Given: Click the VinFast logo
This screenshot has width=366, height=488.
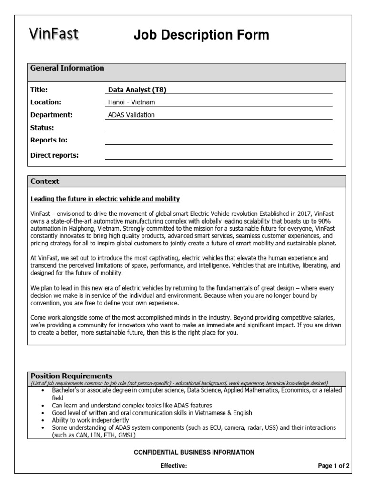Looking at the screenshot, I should coord(53,34).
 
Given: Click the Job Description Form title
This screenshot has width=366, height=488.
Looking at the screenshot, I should coord(201,35).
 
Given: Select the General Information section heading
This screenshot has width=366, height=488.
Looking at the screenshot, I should coord(67,68).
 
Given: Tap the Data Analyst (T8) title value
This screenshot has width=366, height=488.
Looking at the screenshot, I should coord(137,90).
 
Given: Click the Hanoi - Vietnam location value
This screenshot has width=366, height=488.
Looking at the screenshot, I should coord(132,102).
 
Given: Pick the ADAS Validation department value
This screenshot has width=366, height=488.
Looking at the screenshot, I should coord(132,115).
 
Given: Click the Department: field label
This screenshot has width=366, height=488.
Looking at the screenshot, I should coord(51,115).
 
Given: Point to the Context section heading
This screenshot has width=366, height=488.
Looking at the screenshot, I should coord(45,182).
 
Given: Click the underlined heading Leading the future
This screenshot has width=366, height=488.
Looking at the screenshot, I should coord(105,198).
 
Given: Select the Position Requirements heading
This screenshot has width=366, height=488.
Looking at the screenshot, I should coord(71,376).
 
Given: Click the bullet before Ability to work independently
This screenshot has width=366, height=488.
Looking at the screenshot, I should coord(43,420).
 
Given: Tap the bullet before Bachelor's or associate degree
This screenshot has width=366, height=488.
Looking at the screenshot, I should coord(43,390).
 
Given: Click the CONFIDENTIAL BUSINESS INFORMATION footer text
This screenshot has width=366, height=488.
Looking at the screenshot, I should coord(193,452).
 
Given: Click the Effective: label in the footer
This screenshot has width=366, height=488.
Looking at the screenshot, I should coord(173,466).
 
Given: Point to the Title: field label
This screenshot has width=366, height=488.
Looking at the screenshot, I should coord(40,90).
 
